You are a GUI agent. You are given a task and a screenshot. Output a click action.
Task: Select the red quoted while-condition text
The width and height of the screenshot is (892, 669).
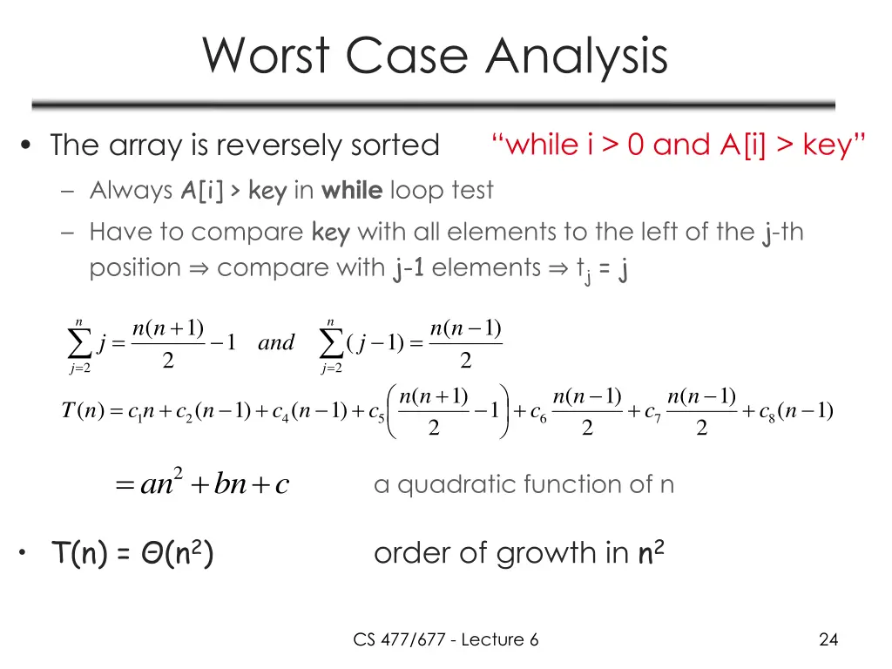pos(679,144)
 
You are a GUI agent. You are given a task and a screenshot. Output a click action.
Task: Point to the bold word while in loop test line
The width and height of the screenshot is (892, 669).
pos(352,190)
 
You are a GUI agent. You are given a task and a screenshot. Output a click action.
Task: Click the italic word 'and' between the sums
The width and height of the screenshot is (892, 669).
pos(276,342)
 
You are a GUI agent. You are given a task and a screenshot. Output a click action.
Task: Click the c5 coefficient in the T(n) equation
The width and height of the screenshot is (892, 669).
pos(376,412)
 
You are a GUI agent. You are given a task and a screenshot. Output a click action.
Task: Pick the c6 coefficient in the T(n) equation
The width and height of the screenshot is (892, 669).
pos(538,412)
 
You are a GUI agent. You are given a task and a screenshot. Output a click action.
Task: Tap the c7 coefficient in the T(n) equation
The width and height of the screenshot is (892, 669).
pos(653,412)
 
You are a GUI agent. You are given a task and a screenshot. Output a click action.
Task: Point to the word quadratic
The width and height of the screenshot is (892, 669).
pos(449,484)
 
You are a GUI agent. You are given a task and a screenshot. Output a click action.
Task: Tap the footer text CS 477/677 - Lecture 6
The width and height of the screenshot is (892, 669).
pos(445,640)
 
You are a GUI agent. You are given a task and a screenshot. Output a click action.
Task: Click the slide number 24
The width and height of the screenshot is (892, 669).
pos(828,640)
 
